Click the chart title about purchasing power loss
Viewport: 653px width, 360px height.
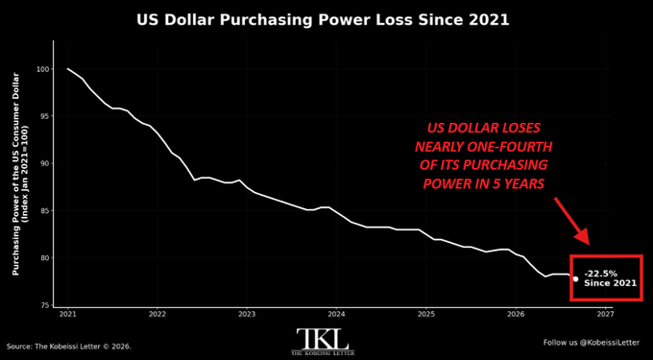(323, 20)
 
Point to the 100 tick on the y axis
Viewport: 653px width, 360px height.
(43, 69)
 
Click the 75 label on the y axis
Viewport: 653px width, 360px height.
(44, 305)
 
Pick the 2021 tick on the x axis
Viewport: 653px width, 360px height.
(67, 314)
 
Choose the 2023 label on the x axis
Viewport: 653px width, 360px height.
(247, 314)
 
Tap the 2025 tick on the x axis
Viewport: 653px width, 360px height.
(426, 314)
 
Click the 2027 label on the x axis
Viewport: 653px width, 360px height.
(605, 314)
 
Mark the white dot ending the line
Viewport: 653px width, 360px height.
(575, 278)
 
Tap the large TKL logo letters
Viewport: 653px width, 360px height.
(323, 339)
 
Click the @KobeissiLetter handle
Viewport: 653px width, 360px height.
(610, 343)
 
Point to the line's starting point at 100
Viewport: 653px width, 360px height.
(67, 69)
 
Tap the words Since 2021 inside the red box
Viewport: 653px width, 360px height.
(610, 283)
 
